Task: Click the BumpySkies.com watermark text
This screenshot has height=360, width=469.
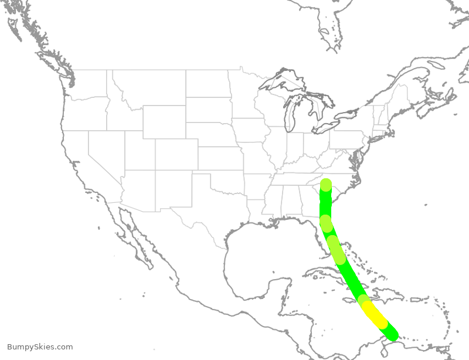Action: (40, 347)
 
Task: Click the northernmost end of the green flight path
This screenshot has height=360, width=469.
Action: (326, 184)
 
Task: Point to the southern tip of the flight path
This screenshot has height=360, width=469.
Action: (392, 334)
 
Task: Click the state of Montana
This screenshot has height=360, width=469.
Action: (149, 88)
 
